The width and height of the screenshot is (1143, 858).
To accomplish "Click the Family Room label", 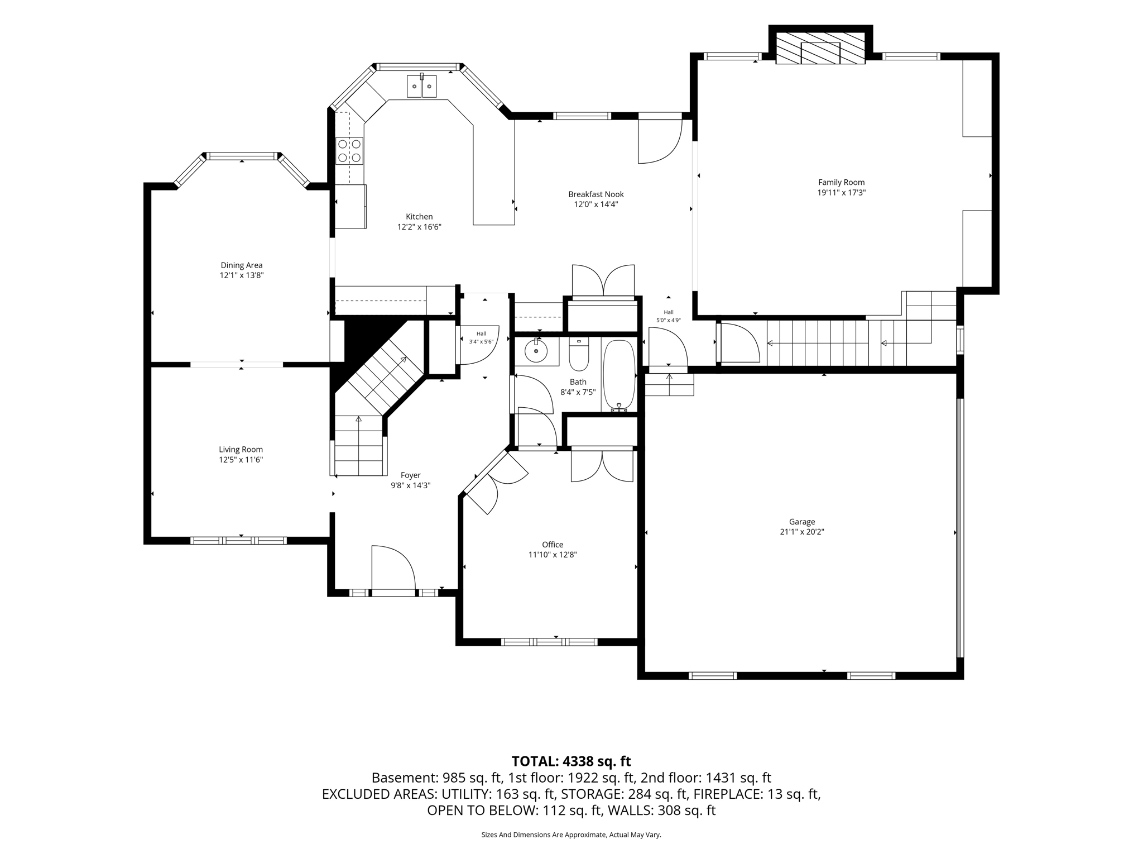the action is (841, 182).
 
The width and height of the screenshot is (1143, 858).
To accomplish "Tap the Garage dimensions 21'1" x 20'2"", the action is (802, 532).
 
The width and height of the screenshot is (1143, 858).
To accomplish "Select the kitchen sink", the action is (421, 86).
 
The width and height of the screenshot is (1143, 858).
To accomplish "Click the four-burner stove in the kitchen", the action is (349, 151).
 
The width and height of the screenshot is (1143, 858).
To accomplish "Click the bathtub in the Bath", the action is (619, 375).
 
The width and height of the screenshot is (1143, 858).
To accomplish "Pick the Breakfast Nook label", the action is (596, 194).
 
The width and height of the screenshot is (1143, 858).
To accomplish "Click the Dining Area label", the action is (242, 265).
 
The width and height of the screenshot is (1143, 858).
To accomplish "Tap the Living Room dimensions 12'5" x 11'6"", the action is (241, 460).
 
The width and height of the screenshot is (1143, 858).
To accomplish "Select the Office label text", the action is (553, 545).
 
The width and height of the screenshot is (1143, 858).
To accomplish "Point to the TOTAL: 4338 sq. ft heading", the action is (571, 761).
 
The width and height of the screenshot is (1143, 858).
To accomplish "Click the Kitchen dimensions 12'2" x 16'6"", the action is (419, 227).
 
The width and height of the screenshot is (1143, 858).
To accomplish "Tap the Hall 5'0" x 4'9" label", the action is (669, 316).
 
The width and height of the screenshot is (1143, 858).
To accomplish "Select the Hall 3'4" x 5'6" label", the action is (481, 337).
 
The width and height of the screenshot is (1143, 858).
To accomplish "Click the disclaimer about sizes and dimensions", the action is (571, 835).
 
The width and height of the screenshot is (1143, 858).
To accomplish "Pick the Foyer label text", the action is (410, 475).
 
